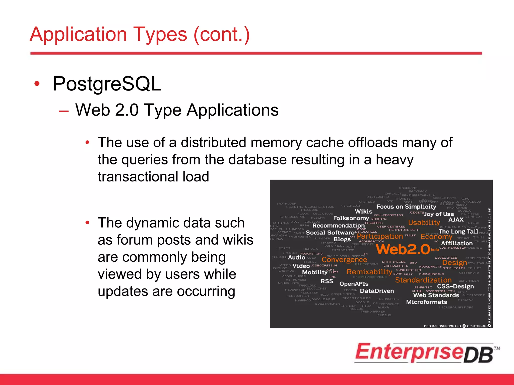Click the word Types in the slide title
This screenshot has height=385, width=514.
tap(160, 35)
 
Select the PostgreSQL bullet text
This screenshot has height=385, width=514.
tap(107, 84)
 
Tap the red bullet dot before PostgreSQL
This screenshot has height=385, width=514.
tap(37, 84)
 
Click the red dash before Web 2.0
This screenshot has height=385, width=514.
tap(63, 111)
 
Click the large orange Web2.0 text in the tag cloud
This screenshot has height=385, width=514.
tap(403, 249)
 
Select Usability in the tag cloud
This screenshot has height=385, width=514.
tap(424, 222)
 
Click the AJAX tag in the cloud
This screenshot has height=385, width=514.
tap(456, 220)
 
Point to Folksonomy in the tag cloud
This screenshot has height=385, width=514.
tap(351, 218)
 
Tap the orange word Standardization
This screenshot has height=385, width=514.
tap(423, 280)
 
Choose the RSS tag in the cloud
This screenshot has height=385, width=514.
tap(327, 281)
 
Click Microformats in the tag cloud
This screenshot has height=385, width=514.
tap(426, 302)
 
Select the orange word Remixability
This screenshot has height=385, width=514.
tap(369, 272)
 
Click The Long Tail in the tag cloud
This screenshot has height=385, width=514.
tap(458, 232)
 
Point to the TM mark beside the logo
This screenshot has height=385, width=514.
tap(497, 348)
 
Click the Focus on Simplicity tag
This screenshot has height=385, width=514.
tap(406, 207)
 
